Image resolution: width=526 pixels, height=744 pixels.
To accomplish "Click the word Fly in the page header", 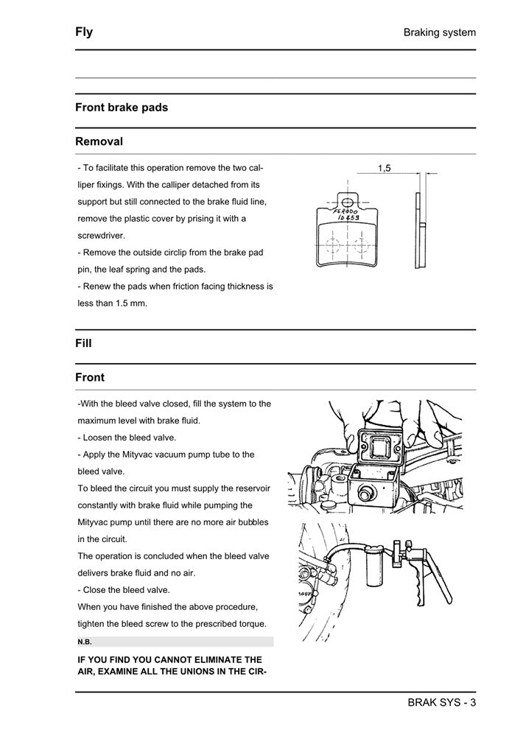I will tap(84, 32).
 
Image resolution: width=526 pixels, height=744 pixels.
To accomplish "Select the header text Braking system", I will tap(439, 32).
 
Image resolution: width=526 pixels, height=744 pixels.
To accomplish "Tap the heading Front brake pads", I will tap(122, 108).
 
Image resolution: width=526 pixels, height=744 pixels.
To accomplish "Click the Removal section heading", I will tap(99, 141).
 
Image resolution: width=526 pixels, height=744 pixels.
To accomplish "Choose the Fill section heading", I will tap(83, 343).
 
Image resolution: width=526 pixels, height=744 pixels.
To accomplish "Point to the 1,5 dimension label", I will tap(384, 169).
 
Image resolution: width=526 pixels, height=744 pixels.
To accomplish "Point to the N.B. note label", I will tap(85, 642).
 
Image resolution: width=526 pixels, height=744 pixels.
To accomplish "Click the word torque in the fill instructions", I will tap(250, 624).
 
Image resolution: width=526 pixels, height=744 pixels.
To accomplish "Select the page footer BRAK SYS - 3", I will tap(441, 702).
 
